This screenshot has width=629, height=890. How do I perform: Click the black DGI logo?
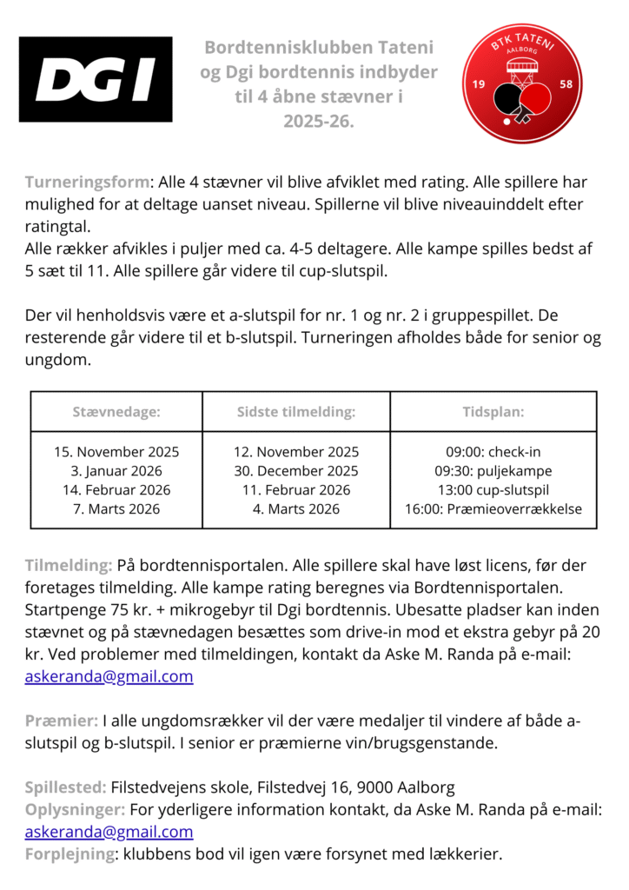click(96, 79)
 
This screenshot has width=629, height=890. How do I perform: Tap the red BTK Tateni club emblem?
click(520, 83)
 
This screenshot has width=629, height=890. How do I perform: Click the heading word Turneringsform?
click(87, 183)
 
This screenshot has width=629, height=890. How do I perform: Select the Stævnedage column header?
click(116, 412)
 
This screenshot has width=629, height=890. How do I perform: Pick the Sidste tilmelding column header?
click(296, 412)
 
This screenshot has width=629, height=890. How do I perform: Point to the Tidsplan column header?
click(493, 412)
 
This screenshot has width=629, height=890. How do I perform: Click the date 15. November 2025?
click(116, 452)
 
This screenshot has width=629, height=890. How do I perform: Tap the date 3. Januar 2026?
click(116, 471)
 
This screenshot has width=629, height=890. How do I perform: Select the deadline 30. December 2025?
click(296, 471)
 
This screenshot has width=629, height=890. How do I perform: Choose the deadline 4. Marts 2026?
click(296, 509)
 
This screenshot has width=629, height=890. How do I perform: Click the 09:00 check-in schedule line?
click(493, 452)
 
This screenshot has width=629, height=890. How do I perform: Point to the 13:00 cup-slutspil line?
click(493, 490)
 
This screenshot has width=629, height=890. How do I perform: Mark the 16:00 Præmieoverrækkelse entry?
click(493, 509)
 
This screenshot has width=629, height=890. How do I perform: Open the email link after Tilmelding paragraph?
click(109, 677)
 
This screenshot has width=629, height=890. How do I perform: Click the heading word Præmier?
click(61, 721)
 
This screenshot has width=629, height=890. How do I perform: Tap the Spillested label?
click(65, 787)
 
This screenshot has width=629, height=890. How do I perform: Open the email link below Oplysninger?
click(109, 832)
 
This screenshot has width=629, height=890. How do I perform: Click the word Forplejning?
click(70, 853)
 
